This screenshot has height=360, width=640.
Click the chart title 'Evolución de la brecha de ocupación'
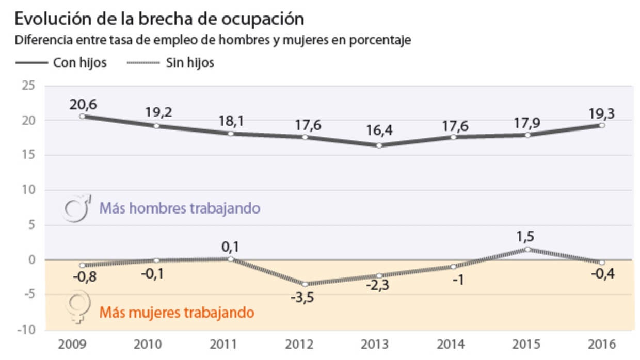159,19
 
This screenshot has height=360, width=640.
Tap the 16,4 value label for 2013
379,131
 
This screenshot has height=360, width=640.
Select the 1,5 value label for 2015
527,237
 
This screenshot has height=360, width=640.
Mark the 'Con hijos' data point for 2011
231,134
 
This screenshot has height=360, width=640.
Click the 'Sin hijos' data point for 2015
527,249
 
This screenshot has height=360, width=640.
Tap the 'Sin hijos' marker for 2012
305,284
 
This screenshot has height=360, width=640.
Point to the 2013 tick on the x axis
379,343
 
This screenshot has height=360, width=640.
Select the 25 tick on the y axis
28,86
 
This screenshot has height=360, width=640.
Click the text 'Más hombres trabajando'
179,209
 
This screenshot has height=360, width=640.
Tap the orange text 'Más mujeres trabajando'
177,313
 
